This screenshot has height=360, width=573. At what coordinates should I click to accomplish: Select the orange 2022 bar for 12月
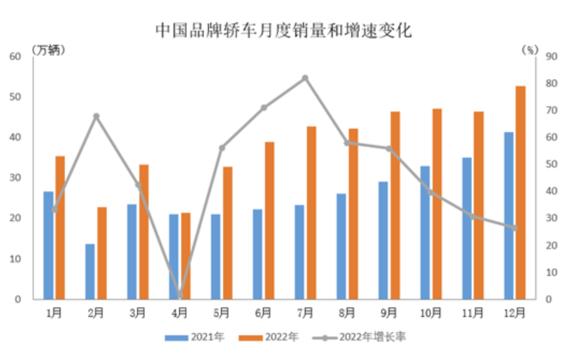click(521, 192)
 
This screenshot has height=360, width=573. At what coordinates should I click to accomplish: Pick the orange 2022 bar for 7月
click(311, 212)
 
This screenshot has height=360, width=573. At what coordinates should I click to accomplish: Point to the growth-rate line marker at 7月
click(305, 77)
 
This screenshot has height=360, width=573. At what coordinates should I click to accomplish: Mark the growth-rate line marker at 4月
click(179, 295)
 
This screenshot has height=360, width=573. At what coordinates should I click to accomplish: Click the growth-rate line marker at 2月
click(96, 116)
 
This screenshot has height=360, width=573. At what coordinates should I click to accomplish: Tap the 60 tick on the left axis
click(16, 56)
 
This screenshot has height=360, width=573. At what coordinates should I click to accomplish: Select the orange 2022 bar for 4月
click(186, 255)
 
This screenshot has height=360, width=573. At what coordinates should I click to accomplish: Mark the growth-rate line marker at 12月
click(514, 227)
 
